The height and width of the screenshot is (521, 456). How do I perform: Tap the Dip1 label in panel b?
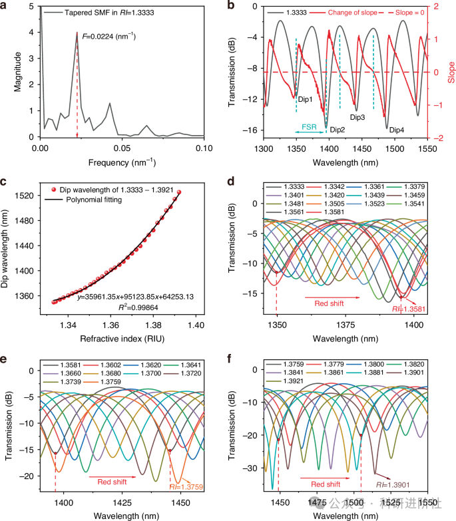tap(306, 99)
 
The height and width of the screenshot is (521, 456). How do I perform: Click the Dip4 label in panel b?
tap(397, 129)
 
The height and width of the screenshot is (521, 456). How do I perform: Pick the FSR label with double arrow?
tap(308, 124)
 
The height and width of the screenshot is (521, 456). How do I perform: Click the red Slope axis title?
tap(450, 70)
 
